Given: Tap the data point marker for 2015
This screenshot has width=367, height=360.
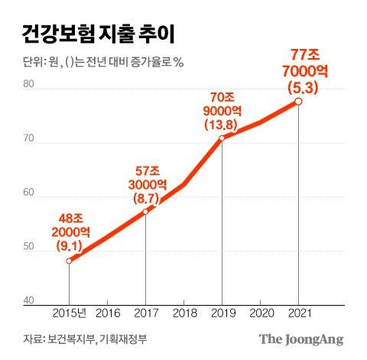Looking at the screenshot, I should tap(69, 261).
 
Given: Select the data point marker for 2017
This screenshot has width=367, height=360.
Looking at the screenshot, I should tap(145, 212).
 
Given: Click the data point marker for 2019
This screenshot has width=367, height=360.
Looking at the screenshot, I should tap(222, 138).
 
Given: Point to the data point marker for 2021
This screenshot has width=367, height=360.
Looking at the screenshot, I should tap(298, 101).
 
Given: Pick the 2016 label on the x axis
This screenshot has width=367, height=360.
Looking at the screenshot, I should tap(107, 313).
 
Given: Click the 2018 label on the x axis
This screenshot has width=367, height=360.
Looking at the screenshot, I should tap(183, 313).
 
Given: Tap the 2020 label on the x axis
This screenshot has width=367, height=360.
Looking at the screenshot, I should tap(260, 313).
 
